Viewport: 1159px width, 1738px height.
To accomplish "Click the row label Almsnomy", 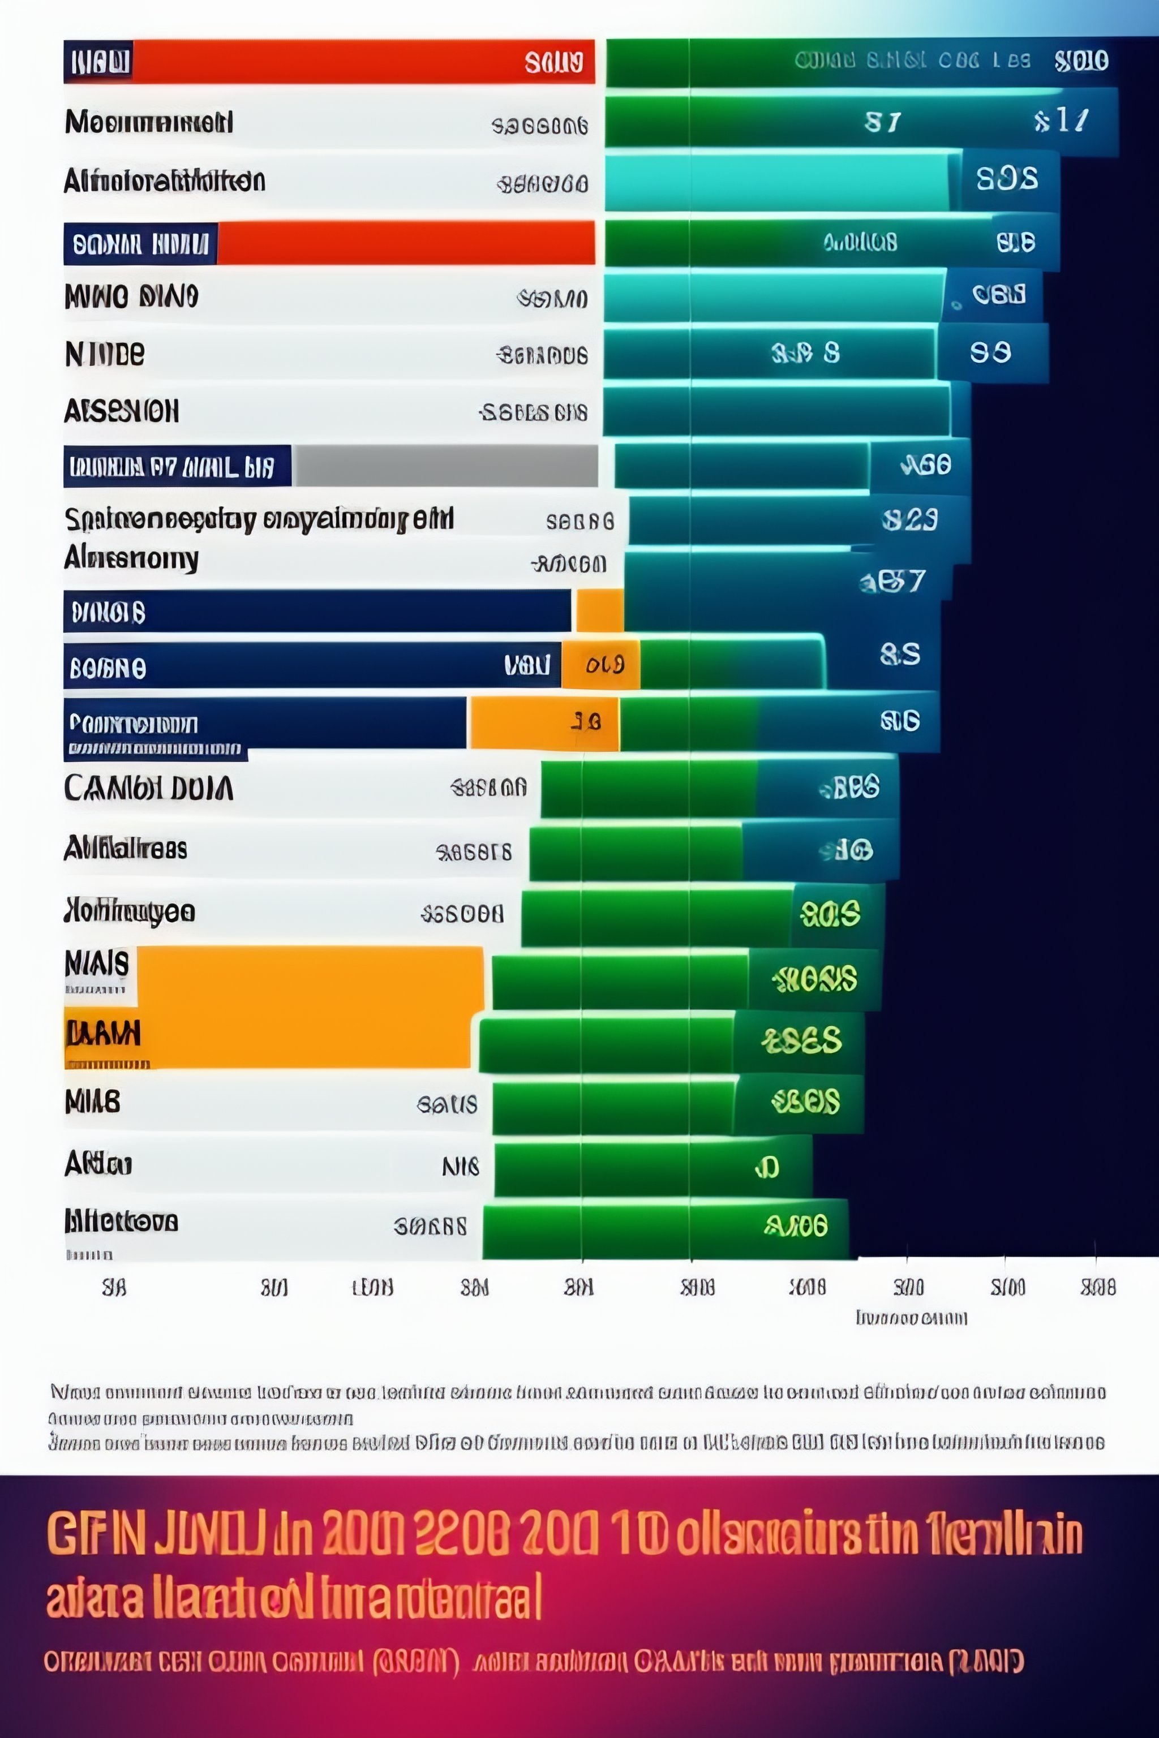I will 131,558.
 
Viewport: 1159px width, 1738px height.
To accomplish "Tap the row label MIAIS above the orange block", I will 97,963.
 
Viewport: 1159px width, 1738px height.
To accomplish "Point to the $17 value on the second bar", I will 1062,121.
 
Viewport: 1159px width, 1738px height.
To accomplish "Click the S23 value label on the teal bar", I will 910,520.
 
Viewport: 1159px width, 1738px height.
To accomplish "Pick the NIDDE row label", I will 105,354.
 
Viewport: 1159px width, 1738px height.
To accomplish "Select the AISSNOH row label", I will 121,411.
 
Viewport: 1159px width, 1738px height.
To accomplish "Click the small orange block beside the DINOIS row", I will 599,611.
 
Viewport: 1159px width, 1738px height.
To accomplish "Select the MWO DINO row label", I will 131,296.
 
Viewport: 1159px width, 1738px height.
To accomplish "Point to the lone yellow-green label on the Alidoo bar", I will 766,1167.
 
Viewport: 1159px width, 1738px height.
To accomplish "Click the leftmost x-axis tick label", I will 114,1288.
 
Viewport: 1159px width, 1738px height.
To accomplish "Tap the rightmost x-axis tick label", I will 1098,1288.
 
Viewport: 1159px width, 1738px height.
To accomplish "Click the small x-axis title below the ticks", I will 911,1318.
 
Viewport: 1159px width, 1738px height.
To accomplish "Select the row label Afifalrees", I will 125,848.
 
